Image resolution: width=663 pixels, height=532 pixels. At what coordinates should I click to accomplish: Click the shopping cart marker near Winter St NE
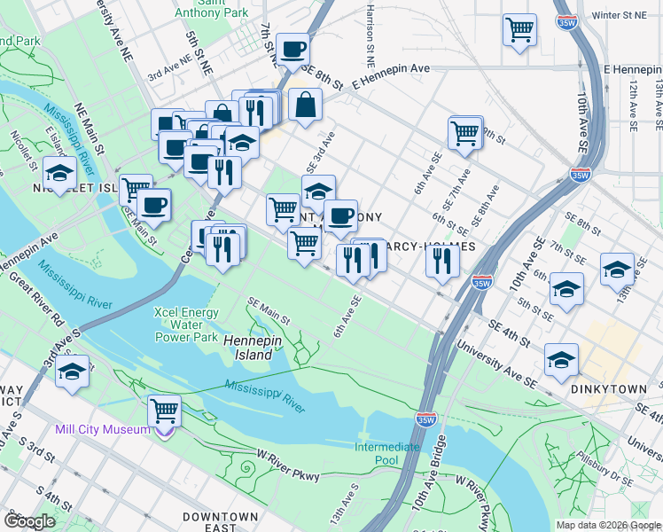point(519,28)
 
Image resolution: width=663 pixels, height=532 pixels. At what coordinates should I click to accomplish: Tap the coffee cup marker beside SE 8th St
point(292,50)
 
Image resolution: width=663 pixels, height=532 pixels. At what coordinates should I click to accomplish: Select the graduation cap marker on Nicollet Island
point(59,173)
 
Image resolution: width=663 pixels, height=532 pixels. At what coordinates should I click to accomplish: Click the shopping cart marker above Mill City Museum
point(165,411)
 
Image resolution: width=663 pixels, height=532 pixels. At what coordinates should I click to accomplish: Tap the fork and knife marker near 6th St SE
point(441,260)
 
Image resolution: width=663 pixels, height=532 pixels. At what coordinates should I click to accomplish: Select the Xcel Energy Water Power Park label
point(187,325)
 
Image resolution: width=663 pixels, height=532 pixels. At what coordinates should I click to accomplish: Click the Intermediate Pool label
point(387,453)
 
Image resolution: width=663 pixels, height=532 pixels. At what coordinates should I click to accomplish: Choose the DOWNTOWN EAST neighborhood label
point(221,516)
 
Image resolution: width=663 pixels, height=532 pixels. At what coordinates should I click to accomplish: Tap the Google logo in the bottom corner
point(29,520)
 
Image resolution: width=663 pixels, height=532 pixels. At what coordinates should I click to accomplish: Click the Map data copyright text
point(608,525)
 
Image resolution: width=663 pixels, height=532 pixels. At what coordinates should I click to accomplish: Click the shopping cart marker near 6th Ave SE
point(465,134)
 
